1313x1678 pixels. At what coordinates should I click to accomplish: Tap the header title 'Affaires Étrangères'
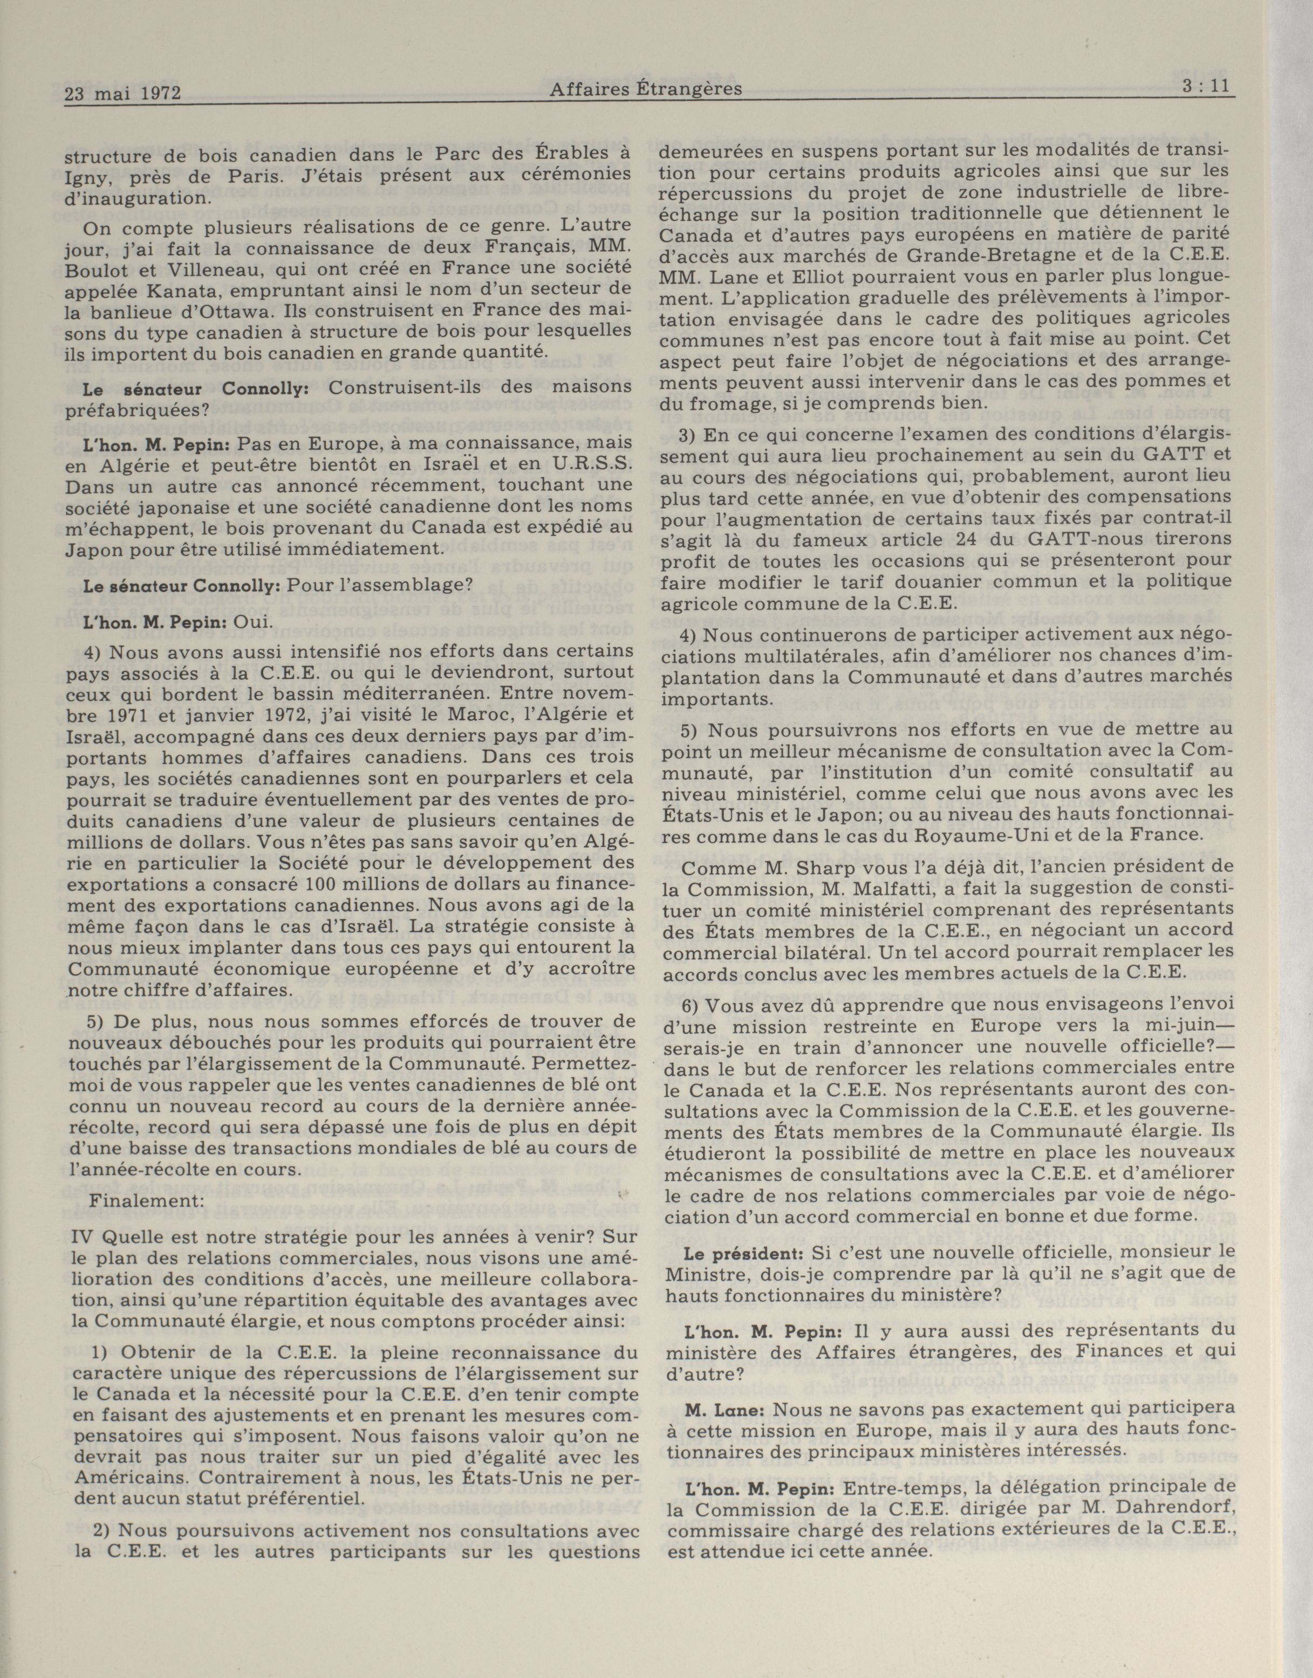click(646, 89)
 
